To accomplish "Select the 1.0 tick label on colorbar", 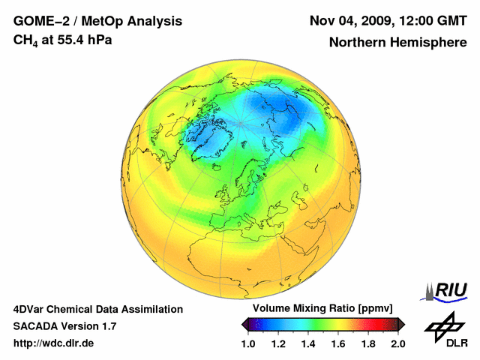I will click(248, 343).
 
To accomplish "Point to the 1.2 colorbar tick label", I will click(278, 343).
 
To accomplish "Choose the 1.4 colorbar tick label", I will click(307, 343).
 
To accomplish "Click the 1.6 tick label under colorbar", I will click(337, 343).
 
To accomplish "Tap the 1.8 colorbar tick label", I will click(367, 343).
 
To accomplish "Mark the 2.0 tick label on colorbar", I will click(397, 343).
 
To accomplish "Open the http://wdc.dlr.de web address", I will click(54, 343).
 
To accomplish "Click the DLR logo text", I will click(457, 343).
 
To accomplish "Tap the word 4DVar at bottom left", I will click(30, 309).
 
